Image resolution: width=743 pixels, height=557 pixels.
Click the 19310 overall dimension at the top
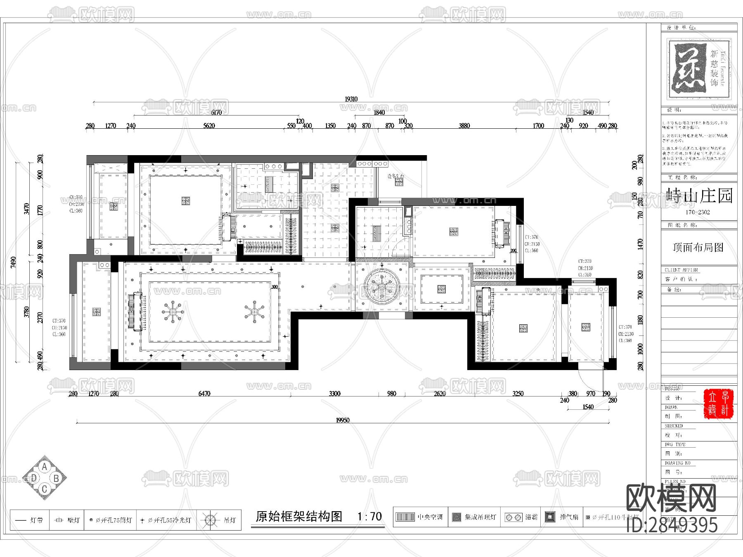[351, 99]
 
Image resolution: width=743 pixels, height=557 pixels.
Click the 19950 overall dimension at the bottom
[342, 420]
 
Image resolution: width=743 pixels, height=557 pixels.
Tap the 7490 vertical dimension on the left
[13, 262]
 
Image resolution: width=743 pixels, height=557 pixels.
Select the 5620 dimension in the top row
[209, 125]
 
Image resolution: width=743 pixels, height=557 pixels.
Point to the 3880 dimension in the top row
[464, 125]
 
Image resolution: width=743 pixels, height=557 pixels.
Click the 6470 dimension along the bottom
[204, 394]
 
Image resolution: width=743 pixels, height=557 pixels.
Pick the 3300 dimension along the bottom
[334, 394]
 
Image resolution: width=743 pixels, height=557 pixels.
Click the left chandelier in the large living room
[173, 312]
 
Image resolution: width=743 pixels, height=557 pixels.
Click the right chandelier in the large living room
[254, 312]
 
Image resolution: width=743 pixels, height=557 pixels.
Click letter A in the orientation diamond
[45, 467]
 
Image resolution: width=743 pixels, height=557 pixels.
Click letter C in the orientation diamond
[45, 489]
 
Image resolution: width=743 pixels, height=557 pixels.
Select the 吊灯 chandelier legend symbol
[210, 520]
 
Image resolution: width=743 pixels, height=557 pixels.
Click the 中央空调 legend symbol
[405, 517]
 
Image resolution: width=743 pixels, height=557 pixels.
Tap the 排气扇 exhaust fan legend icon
[550, 517]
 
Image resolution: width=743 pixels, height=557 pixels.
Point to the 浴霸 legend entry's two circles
[513, 517]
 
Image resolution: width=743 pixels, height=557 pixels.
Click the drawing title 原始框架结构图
[299, 517]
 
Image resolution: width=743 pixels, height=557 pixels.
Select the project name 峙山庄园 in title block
[699, 196]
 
